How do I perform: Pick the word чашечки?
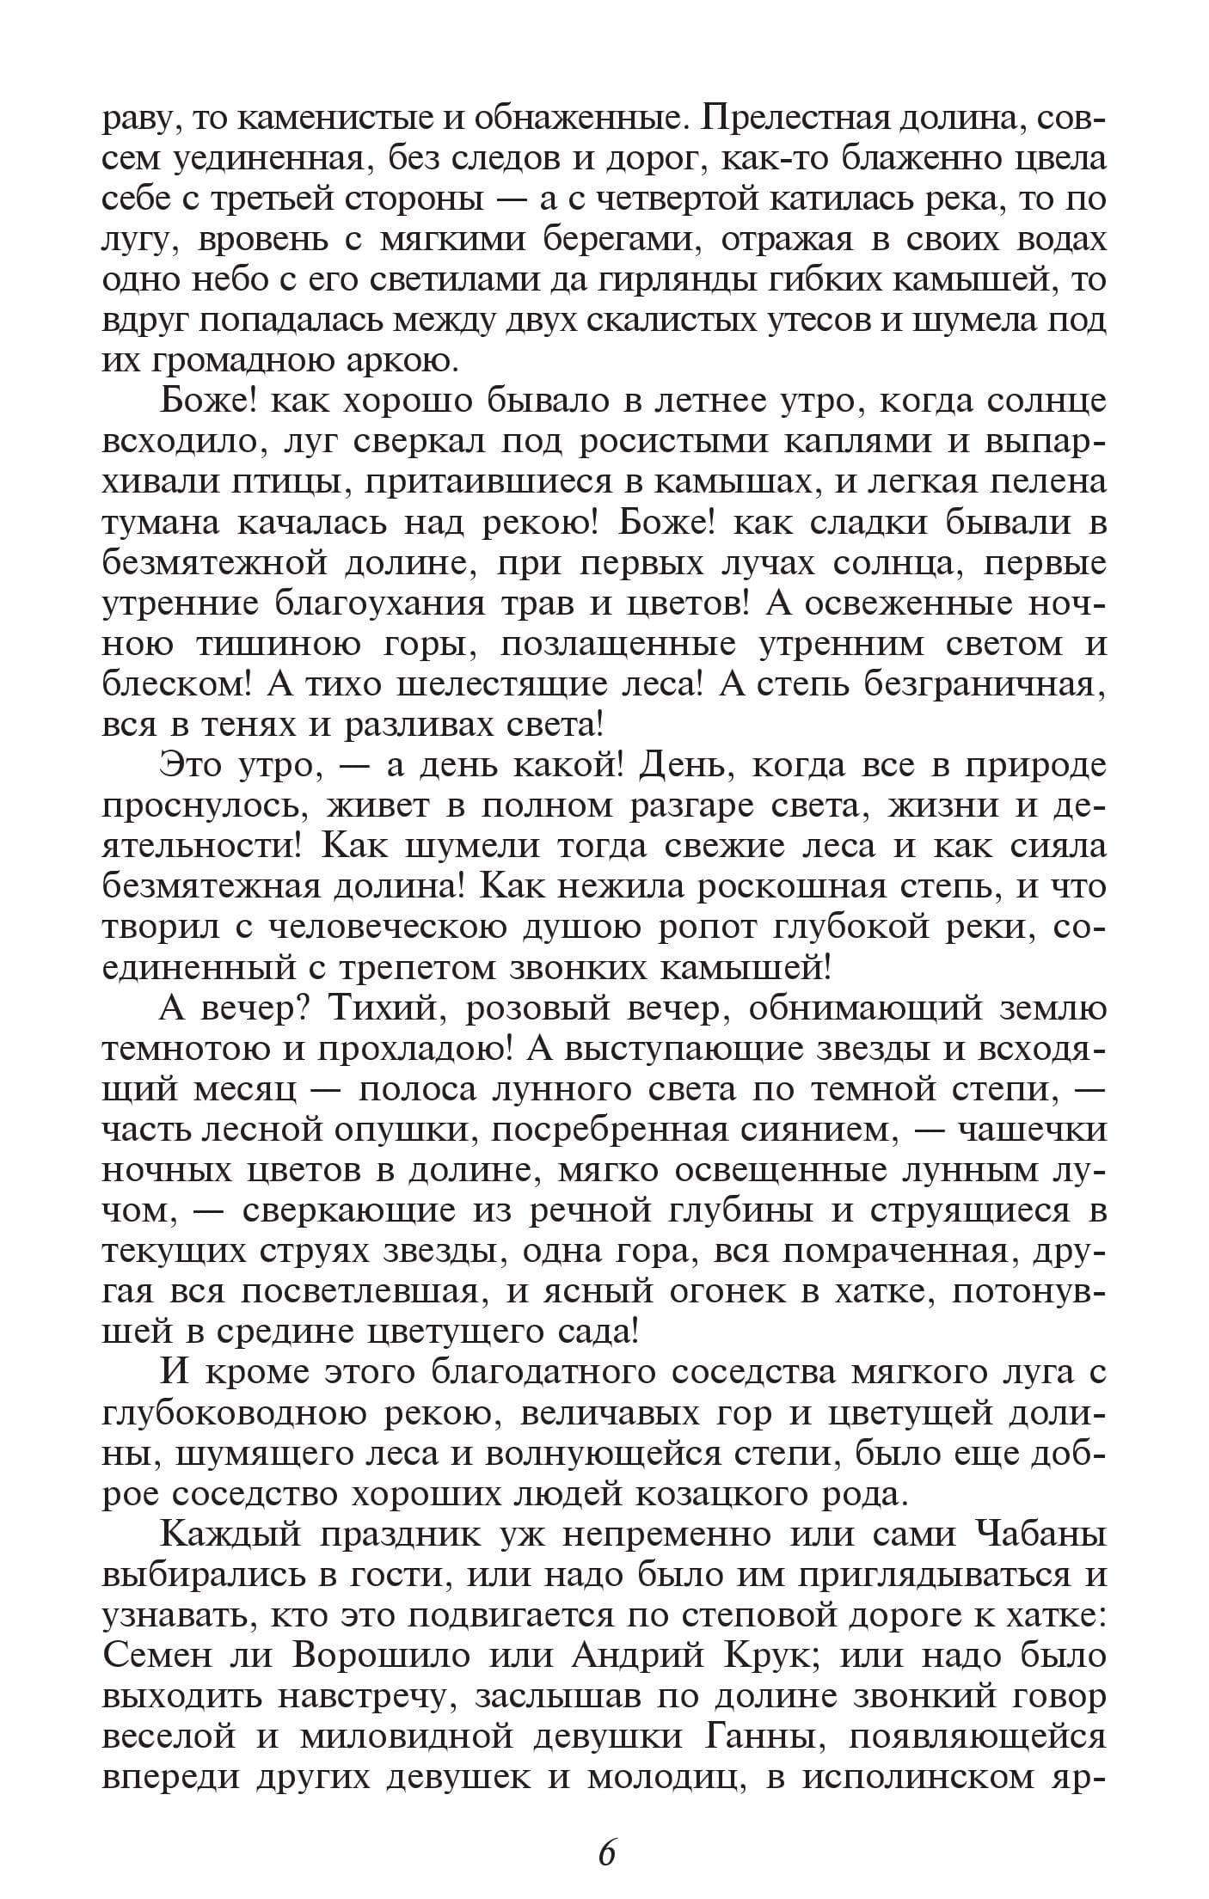[x=1031, y=1130]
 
